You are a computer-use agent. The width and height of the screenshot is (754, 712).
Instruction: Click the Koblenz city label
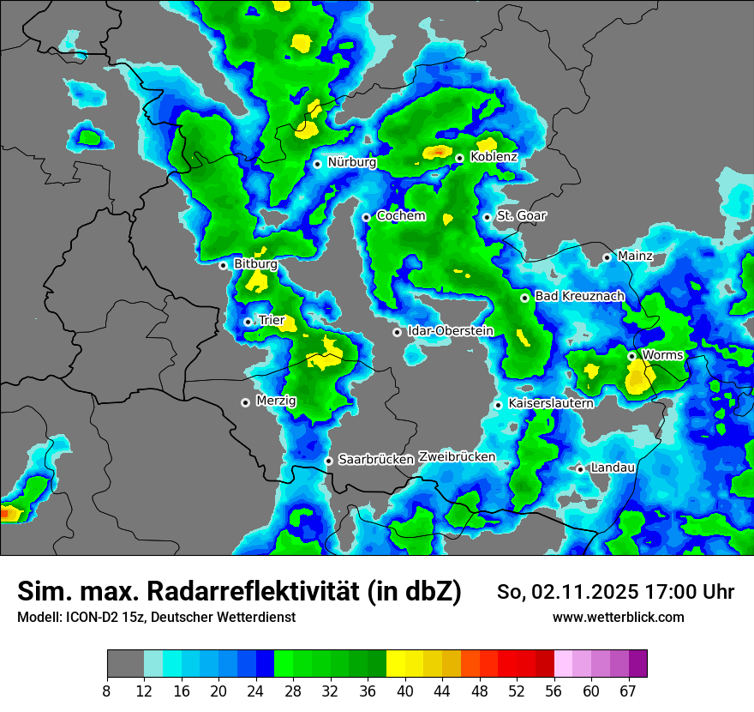pyautogui.click(x=494, y=158)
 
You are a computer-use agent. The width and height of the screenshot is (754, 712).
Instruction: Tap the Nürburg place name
pyautogui.click(x=352, y=162)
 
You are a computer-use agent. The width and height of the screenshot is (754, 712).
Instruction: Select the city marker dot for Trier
pyautogui.click(x=248, y=322)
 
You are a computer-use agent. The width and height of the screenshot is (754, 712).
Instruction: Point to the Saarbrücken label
pyautogui.click(x=376, y=460)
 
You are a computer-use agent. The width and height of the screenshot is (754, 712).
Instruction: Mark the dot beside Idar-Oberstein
pyautogui.click(x=397, y=332)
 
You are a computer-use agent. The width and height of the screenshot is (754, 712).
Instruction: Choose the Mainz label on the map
pyautogui.click(x=635, y=256)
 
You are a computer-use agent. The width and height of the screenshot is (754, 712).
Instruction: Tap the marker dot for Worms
pyautogui.click(x=631, y=356)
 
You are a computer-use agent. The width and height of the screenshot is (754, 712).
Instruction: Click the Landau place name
pyautogui.click(x=613, y=468)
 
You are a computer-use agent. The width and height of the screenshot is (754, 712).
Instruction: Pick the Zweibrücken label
pyautogui.click(x=458, y=457)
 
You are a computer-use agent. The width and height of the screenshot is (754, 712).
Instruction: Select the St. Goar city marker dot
pyautogui.click(x=487, y=217)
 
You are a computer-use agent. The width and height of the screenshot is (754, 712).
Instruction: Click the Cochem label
pyautogui.click(x=401, y=216)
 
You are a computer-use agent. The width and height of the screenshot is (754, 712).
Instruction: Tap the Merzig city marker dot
pyautogui.click(x=246, y=401)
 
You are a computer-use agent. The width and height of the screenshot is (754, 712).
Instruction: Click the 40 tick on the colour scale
pyautogui.click(x=405, y=691)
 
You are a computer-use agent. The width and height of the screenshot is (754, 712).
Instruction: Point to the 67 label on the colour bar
pyautogui.click(x=628, y=691)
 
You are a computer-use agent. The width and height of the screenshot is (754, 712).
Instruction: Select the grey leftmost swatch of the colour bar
pyautogui.click(x=125, y=664)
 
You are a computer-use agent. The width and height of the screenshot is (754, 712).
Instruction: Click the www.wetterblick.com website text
pyautogui.click(x=619, y=618)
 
